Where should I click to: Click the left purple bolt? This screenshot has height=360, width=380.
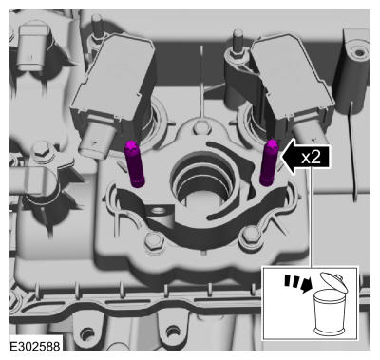(134, 164)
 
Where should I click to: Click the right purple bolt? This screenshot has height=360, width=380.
(269, 162)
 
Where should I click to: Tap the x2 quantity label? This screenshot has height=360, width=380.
(311, 157)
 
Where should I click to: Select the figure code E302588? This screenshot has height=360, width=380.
(35, 346)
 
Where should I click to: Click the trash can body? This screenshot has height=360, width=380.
(329, 313)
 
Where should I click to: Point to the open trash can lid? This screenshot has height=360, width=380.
(333, 282)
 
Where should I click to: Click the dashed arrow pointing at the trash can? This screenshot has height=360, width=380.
(297, 283)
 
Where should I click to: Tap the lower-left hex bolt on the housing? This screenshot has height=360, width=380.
(154, 240)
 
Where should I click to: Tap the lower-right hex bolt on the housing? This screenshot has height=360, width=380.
(252, 236)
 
